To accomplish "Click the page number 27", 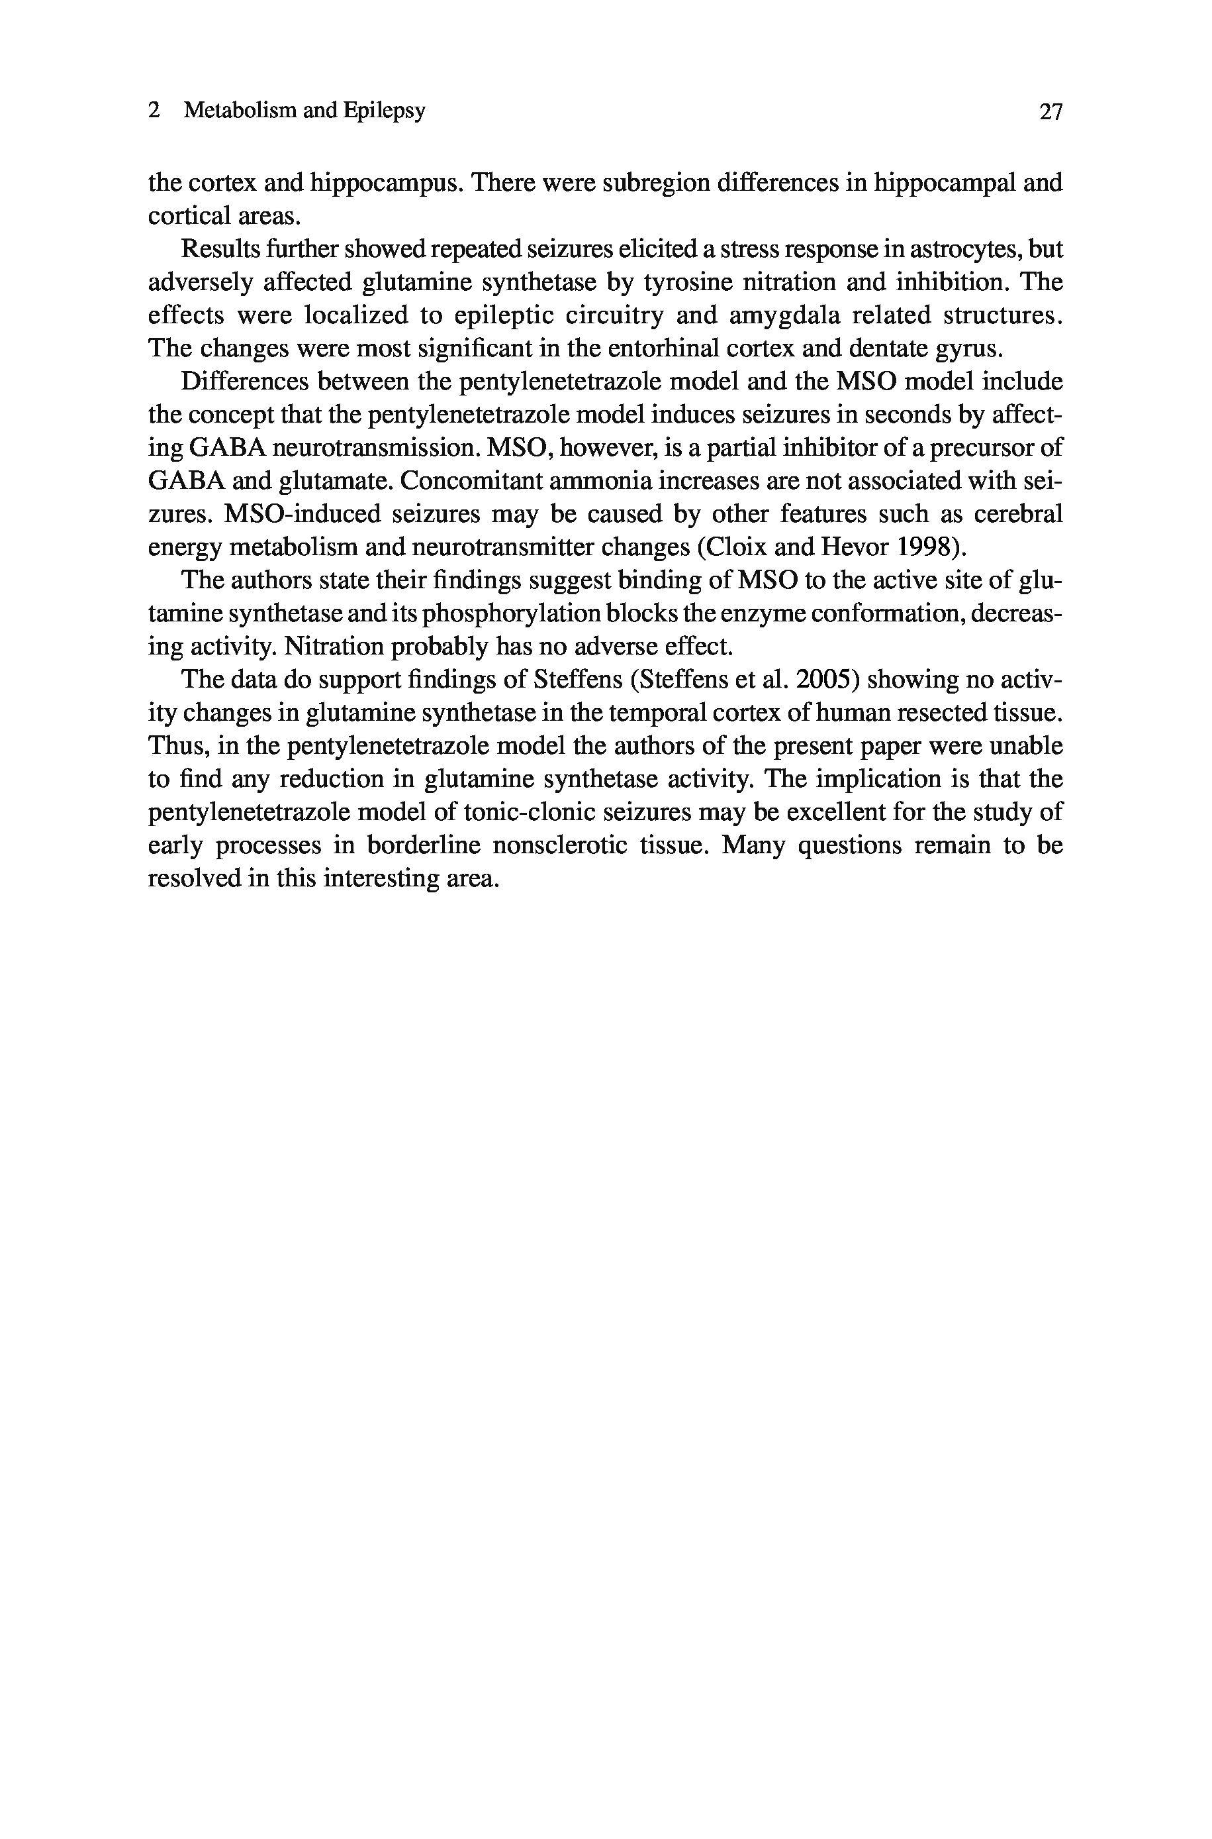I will coord(1051,113).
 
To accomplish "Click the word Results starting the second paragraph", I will coord(218,250).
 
